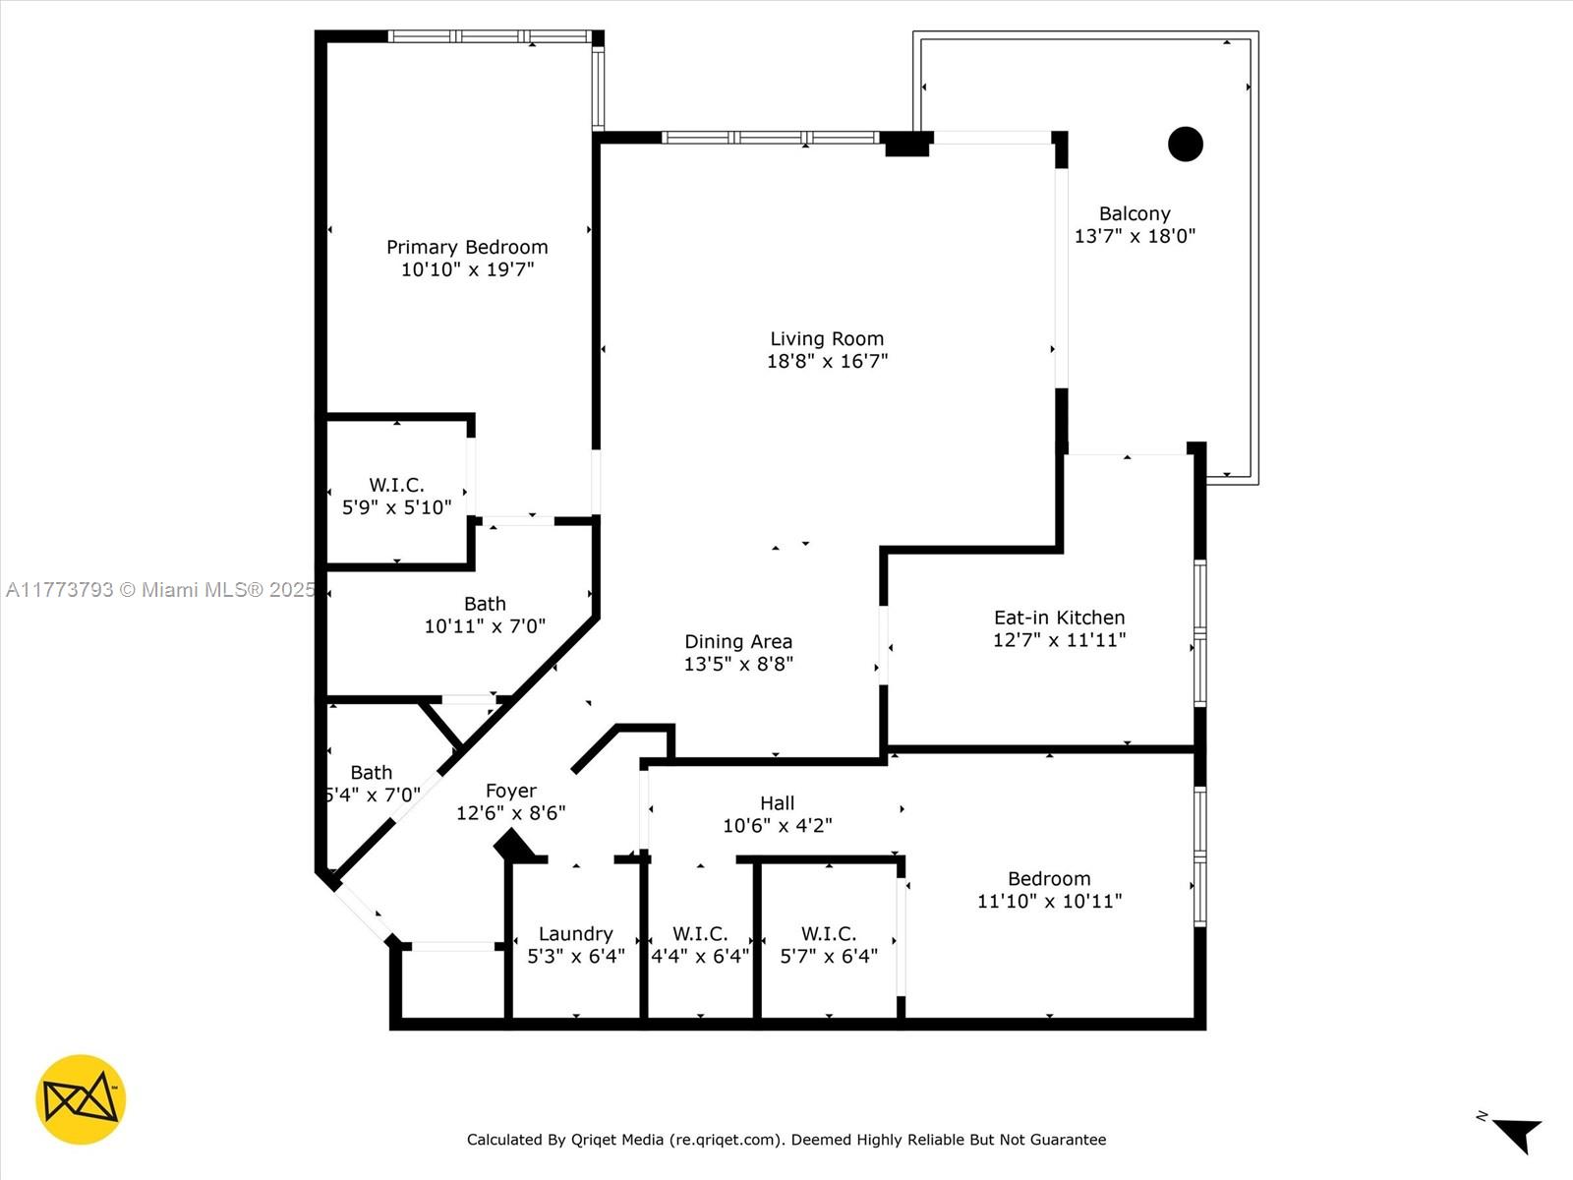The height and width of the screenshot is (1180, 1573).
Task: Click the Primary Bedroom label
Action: pyautogui.click(x=467, y=247)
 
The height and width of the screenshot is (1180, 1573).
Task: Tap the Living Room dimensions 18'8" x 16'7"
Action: pyautogui.click(x=827, y=361)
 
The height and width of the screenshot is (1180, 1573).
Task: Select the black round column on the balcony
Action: pyautogui.click(x=1186, y=144)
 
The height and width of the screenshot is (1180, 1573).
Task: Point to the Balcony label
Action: pyautogui.click(x=1135, y=213)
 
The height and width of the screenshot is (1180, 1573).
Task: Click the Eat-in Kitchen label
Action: pyautogui.click(x=1059, y=618)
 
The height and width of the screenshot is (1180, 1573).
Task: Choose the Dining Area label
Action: pyautogui.click(x=738, y=641)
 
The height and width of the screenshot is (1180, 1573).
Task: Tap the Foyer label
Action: pyautogui.click(x=511, y=791)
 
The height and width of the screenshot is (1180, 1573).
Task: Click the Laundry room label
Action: pyautogui.click(x=575, y=934)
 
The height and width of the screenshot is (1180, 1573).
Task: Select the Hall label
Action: pyautogui.click(x=777, y=803)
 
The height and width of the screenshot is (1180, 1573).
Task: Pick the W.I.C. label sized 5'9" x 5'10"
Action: pyautogui.click(x=396, y=485)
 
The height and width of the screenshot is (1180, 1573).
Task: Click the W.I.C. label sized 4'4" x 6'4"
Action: pyautogui.click(x=699, y=934)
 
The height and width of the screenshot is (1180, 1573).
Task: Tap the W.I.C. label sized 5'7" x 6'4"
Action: pyautogui.click(x=829, y=934)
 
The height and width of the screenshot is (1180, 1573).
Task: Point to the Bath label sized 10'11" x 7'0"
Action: pyautogui.click(x=485, y=604)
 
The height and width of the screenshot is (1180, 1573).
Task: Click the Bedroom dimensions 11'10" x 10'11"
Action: pyautogui.click(x=1049, y=902)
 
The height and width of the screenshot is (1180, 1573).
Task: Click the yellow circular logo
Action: pyautogui.click(x=81, y=1099)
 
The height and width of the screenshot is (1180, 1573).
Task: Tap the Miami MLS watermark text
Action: pyautogui.click(x=160, y=590)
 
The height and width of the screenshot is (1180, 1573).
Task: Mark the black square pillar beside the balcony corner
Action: pyautogui.click(x=907, y=144)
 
